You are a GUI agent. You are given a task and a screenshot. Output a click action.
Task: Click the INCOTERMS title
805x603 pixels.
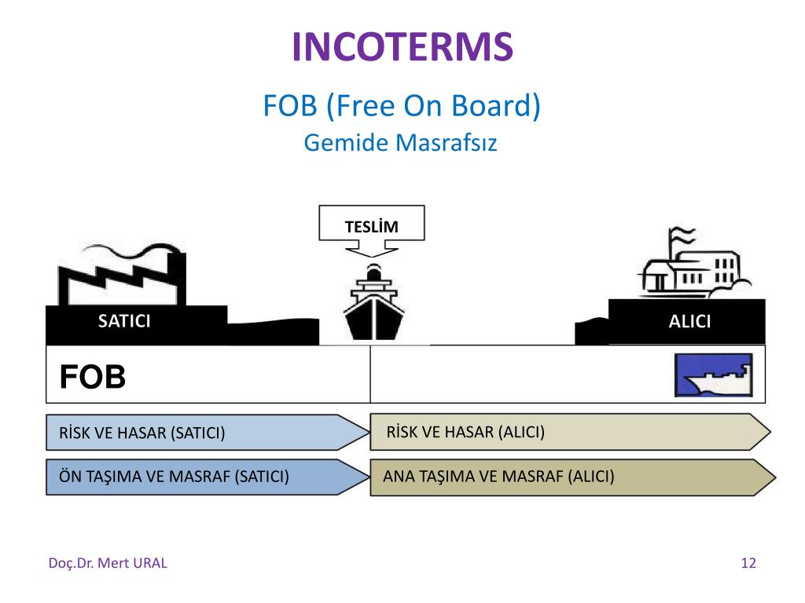pyautogui.click(x=402, y=46)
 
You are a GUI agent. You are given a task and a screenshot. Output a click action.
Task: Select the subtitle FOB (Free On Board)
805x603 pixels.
pyautogui.click(x=402, y=105)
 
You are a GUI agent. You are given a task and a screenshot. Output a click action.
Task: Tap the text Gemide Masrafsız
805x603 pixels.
pyautogui.click(x=400, y=144)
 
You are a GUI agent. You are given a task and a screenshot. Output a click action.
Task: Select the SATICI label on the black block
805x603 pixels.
pyautogui.click(x=123, y=320)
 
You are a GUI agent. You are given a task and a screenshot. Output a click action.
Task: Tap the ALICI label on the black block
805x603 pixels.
pyautogui.click(x=689, y=321)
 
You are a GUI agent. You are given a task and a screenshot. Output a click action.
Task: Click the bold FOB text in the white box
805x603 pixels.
pyautogui.click(x=93, y=378)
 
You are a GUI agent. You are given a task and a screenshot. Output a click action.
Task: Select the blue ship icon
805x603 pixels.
pyautogui.click(x=713, y=375)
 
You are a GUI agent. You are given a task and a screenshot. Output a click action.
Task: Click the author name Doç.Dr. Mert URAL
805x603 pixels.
pyautogui.click(x=108, y=563)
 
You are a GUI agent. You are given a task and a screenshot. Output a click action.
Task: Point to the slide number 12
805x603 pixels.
pyautogui.click(x=748, y=563)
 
